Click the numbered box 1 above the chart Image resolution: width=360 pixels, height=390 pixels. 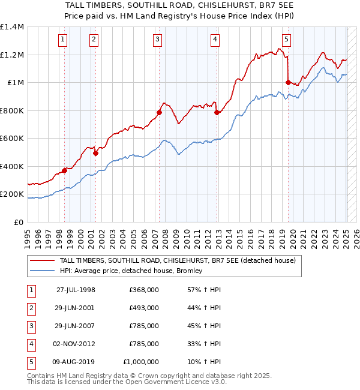tap(63, 40)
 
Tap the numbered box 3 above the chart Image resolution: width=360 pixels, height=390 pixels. tap(157, 40)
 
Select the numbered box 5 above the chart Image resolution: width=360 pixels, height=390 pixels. tap(286, 40)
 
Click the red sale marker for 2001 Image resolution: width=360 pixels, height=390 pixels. tap(95, 153)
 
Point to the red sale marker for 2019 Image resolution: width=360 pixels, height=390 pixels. tap(288, 82)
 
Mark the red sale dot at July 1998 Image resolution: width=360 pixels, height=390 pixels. tap(64, 170)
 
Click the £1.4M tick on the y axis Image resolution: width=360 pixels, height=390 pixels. tap(12, 27)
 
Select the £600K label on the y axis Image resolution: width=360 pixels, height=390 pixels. tap(12, 139)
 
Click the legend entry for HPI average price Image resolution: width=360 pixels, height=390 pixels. tap(131, 271)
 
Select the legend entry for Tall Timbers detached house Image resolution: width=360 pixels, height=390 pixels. tap(178, 260)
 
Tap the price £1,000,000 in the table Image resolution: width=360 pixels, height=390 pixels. tap(140, 362)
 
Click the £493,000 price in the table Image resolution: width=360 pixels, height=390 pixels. tap(144, 308)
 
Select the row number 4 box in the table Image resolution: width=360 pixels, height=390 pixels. tap(31, 344)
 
